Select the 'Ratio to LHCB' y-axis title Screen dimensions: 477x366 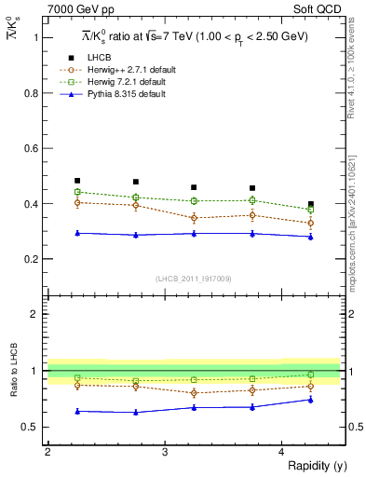[12, 371]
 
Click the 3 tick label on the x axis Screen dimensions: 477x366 [165, 452]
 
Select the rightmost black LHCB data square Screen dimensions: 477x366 [311, 204]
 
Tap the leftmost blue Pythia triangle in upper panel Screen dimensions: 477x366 [77, 233]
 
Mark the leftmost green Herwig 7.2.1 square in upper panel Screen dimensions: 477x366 [77, 192]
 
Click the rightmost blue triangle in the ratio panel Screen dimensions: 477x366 [311, 400]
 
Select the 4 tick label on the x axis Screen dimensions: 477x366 [282, 452]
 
